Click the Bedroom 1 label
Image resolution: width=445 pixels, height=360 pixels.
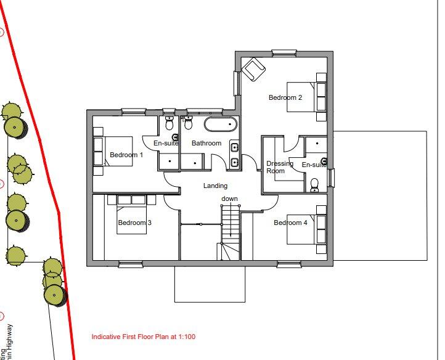pyautogui.click(x=126, y=155)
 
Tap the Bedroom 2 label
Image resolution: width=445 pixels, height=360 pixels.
pyautogui.click(x=285, y=97)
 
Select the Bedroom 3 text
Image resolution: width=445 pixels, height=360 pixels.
pyautogui.click(x=134, y=223)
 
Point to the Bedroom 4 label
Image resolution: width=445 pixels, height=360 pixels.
pyautogui.click(x=290, y=223)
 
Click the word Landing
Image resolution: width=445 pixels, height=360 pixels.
pyautogui.click(x=215, y=186)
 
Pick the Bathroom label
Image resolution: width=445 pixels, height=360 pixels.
pyautogui.click(x=206, y=143)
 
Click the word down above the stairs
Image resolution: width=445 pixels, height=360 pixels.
pyautogui.click(x=230, y=198)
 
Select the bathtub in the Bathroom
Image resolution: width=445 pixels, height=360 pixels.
pyautogui.click(x=221, y=125)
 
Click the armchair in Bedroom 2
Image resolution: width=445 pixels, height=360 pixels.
pyautogui.click(x=252, y=69)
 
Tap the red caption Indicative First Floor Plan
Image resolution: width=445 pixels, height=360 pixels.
pyautogui.click(x=144, y=337)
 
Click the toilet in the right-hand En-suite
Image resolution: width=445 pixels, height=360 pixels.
pyautogui.click(x=315, y=184)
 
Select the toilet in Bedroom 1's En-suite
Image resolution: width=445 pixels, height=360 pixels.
pyautogui.click(x=169, y=123)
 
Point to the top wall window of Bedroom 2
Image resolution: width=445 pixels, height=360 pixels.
pyautogui.click(x=284, y=51)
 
